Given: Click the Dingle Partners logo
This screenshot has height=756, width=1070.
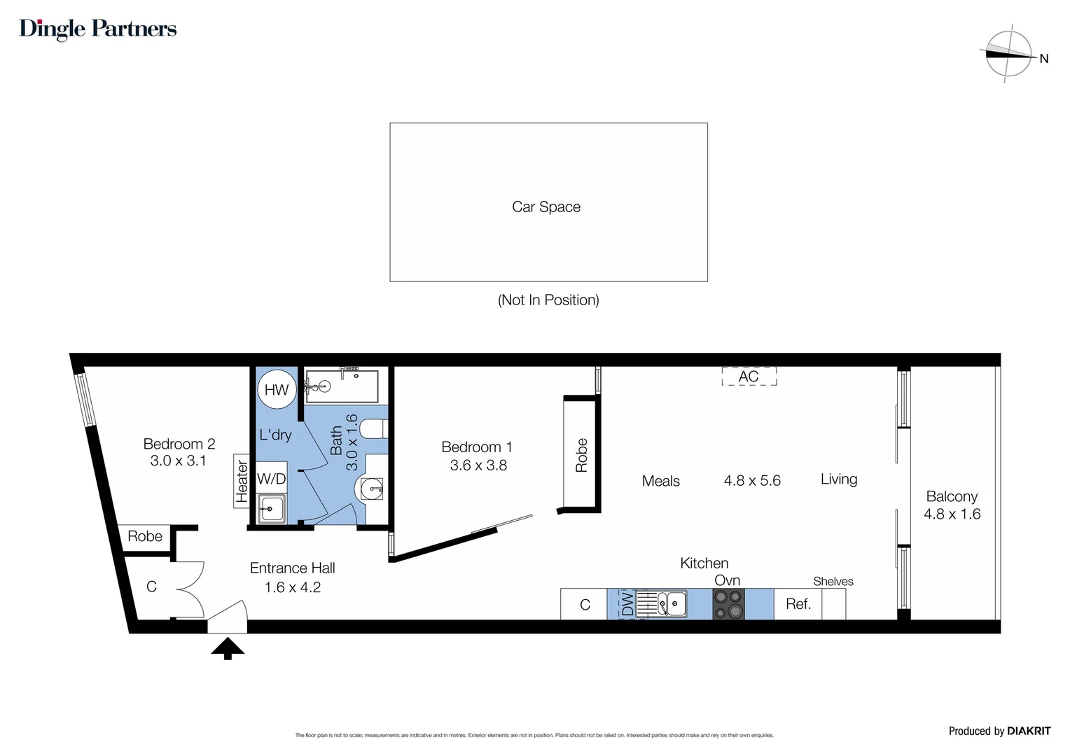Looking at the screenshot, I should pos(98,29).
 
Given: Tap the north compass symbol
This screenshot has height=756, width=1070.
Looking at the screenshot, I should pos(1009,54).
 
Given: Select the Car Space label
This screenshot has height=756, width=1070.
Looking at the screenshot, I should pos(546,207).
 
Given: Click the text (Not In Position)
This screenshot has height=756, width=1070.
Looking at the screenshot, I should pos(548,300).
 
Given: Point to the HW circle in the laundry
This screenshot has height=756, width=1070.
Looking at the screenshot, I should pos(277,390).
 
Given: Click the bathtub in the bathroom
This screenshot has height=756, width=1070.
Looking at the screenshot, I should pos(342,386).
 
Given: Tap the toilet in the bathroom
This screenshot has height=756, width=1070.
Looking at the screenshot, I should pos(375,429).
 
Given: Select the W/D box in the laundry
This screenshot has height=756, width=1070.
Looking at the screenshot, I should pos(271,479).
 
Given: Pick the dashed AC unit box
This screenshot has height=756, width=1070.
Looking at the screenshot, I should pos(749,377).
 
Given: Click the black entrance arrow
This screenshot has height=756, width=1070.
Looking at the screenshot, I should pos(228,647).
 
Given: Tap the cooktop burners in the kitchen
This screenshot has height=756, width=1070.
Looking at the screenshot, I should pos(728,604).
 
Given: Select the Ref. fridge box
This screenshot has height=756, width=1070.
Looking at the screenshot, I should pos(798,604).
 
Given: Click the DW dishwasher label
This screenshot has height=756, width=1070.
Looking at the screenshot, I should pos(627,604).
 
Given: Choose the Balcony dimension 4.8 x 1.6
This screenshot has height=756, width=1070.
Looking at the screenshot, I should pos(952,514).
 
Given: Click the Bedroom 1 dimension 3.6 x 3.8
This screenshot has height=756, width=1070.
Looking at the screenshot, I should pos(478,465).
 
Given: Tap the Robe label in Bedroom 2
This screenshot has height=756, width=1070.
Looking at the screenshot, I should pos(145,537).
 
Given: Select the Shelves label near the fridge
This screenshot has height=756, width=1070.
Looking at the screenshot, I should pos(833,582).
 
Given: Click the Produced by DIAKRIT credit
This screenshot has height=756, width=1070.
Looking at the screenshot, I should pos(999,731).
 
